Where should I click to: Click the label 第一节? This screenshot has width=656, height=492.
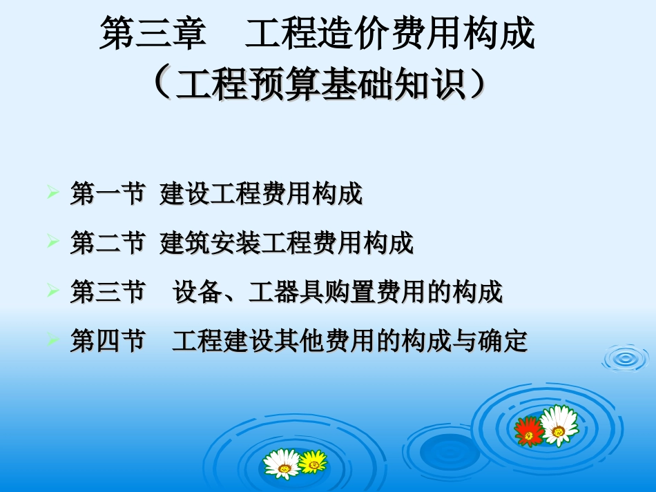coord(107,195)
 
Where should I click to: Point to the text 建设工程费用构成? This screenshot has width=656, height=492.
coord(261,195)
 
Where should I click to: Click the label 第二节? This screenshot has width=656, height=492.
coord(107,243)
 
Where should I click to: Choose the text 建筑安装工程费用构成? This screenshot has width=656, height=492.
coord(287,243)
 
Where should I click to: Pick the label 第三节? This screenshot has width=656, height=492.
coord(107,292)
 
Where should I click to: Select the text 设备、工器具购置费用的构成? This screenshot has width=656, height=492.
coord(338,292)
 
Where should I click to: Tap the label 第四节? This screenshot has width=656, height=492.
coord(107,341)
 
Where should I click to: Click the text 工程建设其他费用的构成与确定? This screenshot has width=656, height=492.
coord(350,341)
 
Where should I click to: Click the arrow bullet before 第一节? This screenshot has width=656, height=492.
coord(52,191)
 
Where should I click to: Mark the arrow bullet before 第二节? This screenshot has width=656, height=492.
coord(52,240)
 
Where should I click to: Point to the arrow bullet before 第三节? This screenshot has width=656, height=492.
coord(52,289)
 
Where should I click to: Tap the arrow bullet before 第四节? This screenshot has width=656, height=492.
coord(52,338)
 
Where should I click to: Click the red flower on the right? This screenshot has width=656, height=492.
coord(530,431)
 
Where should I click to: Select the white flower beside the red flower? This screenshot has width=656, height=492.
coord(559,424)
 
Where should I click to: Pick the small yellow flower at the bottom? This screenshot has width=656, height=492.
coord(313,461)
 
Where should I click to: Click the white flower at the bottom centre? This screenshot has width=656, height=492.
coord(282,464)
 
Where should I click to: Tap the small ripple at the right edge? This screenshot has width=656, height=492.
coord(626,357)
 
